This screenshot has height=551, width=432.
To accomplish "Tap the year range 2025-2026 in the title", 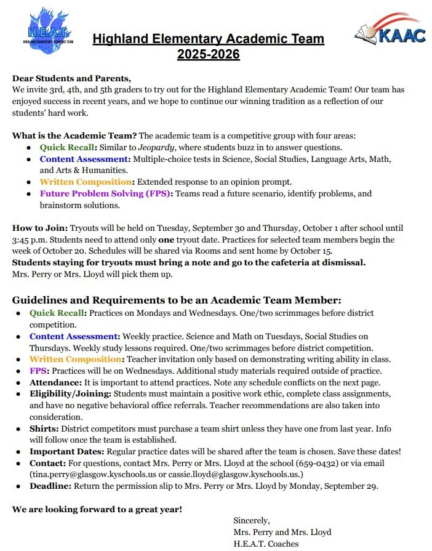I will click(208, 55).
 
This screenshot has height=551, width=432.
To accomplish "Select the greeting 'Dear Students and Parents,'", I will click(71, 78).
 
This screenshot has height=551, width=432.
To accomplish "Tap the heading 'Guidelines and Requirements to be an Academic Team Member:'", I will click(176, 300).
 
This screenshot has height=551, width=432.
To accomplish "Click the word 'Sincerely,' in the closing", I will click(252, 520).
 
